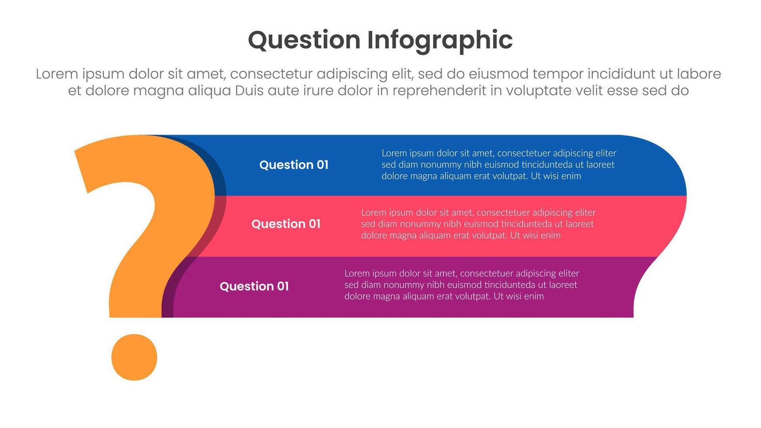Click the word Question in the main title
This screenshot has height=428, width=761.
pos(304,40)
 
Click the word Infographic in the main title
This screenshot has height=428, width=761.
pos(439,40)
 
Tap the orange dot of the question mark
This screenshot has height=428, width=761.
pos(134,357)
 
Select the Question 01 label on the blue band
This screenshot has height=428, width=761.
pos(294,165)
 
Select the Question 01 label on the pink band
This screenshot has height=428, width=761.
pos(286,224)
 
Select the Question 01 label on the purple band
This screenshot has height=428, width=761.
pos(254,286)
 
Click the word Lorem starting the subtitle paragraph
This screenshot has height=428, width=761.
pos(57,74)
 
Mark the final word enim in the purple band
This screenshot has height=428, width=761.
pos(533,296)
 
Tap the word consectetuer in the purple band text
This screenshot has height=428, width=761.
pos(486,273)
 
